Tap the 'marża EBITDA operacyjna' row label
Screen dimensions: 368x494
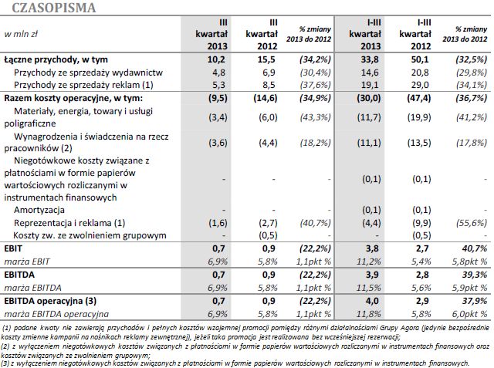[55, 314]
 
